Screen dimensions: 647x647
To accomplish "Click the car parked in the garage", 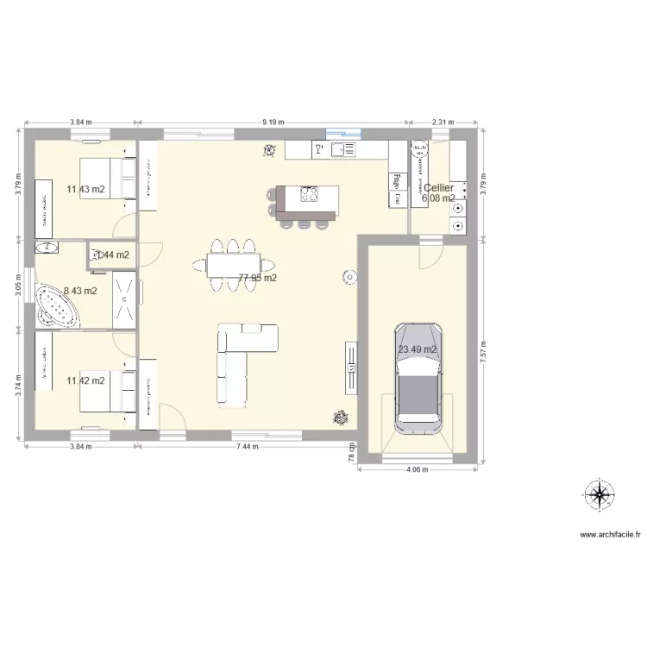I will [x=418, y=378].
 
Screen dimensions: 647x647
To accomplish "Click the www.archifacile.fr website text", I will [x=611, y=535].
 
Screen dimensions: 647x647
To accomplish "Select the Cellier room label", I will [x=438, y=187].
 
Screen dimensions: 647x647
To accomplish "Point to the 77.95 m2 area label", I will [x=258, y=278].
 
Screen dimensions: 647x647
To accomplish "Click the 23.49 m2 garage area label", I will [x=418, y=349].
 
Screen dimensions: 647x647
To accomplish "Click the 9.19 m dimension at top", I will [x=274, y=122].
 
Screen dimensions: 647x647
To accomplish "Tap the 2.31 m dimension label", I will [x=443, y=122].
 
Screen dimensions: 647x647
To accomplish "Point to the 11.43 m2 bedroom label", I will [x=86, y=189].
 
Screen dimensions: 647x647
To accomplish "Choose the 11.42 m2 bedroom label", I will [x=86, y=380].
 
